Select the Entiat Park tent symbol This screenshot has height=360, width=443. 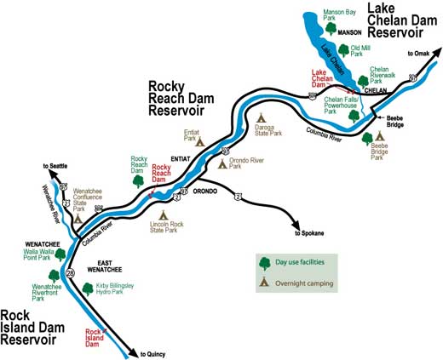tap(200, 142)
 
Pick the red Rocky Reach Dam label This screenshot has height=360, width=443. tap(163, 173)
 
